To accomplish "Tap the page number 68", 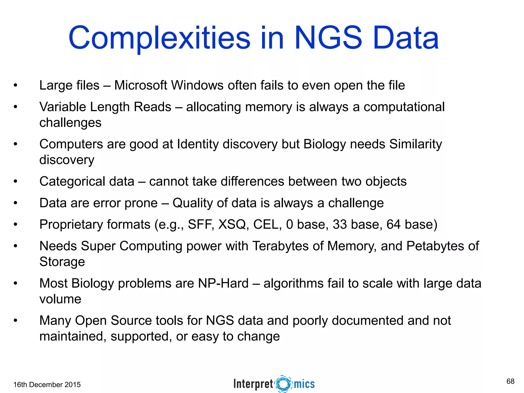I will tap(510, 381).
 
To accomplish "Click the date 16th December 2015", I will tap(47, 385).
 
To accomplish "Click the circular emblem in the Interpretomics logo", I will tap(283, 384).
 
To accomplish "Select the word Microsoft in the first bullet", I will tap(140, 85).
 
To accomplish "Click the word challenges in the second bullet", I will tap(70, 123).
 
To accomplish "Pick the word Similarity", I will tap(416, 144).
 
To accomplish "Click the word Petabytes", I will tap(435, 246).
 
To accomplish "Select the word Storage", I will tap(62, 262).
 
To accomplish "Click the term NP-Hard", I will tap(223, 283).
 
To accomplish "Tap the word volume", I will tap(60, 299).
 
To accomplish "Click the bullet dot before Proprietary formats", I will tap(16, 225).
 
